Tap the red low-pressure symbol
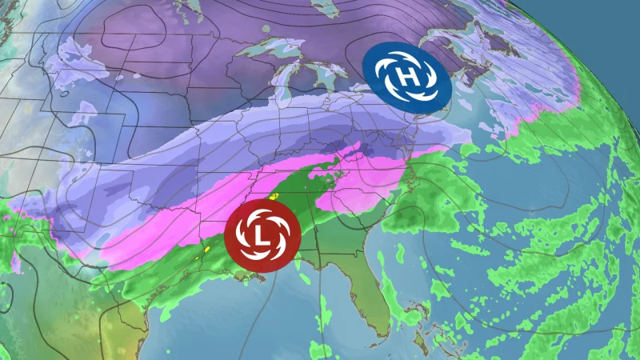coord(259,232)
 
